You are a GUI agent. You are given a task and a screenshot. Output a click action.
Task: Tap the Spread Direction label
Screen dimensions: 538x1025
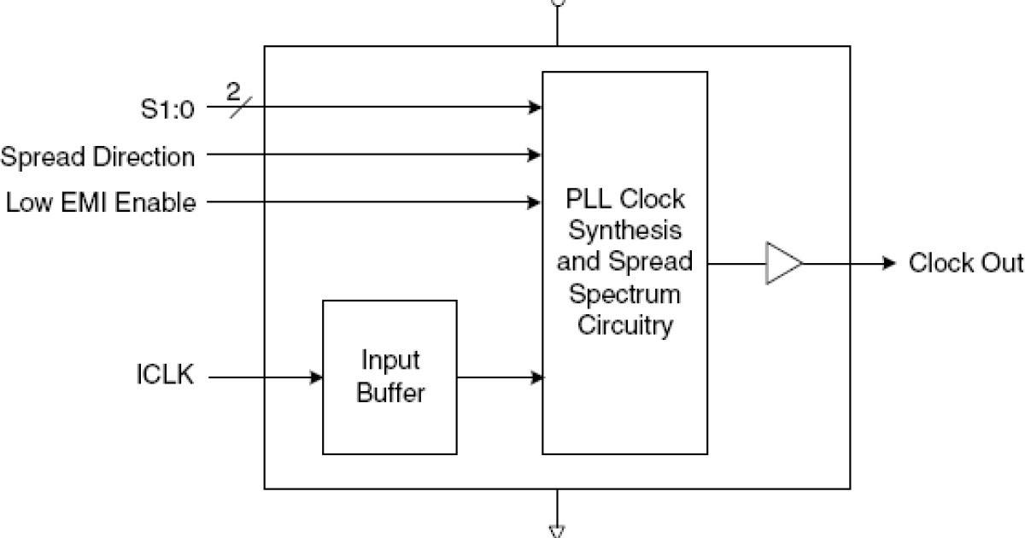coord(97,157)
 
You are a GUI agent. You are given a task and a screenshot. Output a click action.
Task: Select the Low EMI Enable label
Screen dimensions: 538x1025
coord(101,203)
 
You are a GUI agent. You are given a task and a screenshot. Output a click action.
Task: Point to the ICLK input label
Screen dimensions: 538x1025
coord(165,376)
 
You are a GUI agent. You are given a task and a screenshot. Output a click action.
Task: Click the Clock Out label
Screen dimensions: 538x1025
coord(965,262)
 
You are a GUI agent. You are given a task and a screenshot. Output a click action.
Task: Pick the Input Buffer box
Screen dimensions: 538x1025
coord(389,377)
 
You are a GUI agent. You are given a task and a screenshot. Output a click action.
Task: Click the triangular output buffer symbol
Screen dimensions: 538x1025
coord(783,263)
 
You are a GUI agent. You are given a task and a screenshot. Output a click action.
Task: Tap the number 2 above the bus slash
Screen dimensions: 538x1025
coord(233,90)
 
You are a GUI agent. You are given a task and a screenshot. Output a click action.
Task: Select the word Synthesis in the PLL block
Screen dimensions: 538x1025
coord(625,231)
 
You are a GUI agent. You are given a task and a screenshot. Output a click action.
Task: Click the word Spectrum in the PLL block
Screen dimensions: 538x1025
coord(625,294)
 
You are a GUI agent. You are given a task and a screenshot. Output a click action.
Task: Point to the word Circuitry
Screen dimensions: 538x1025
coord(625,325)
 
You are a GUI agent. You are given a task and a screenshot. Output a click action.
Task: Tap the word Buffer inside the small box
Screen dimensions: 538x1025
coord(389,395)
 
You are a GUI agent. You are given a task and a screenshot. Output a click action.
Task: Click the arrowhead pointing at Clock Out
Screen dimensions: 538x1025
coord(888,263)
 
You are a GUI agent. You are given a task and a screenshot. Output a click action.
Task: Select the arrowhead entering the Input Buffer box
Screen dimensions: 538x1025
coord(317,377)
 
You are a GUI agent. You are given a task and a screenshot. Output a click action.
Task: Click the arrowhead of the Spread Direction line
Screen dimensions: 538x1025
coord(536,155)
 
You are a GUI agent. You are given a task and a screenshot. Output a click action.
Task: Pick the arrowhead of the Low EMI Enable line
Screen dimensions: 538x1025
coord(536,202)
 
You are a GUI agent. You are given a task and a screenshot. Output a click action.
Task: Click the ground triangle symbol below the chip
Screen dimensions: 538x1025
coord(557,531)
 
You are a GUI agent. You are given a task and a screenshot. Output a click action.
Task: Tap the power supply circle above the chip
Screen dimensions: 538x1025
coord(558,3)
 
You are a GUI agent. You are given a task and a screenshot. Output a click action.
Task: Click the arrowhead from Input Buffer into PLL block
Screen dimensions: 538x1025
coord(536,377)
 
